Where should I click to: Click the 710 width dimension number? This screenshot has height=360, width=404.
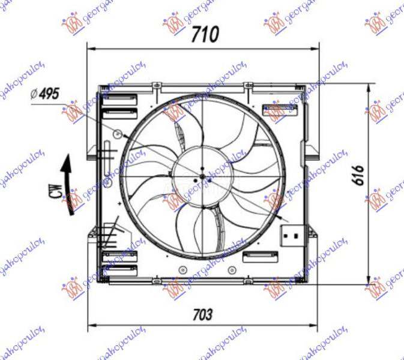point(205,35)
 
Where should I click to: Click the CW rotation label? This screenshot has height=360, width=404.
point(55,192)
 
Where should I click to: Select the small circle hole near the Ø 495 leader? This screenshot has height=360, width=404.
point(118,133)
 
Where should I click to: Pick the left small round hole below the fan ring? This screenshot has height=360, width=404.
point(181,268)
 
